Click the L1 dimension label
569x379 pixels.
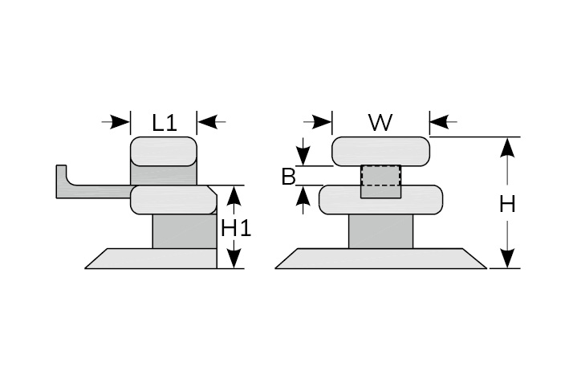164,122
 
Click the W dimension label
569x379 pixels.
380,122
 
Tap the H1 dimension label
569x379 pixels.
236,228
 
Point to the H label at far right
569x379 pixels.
507,204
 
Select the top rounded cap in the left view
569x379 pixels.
163,151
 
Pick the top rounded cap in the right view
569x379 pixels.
380,150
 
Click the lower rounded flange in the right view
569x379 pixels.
380,200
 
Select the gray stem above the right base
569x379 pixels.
380,231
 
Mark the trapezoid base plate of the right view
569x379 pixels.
380,259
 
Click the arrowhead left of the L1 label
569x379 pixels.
121,122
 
